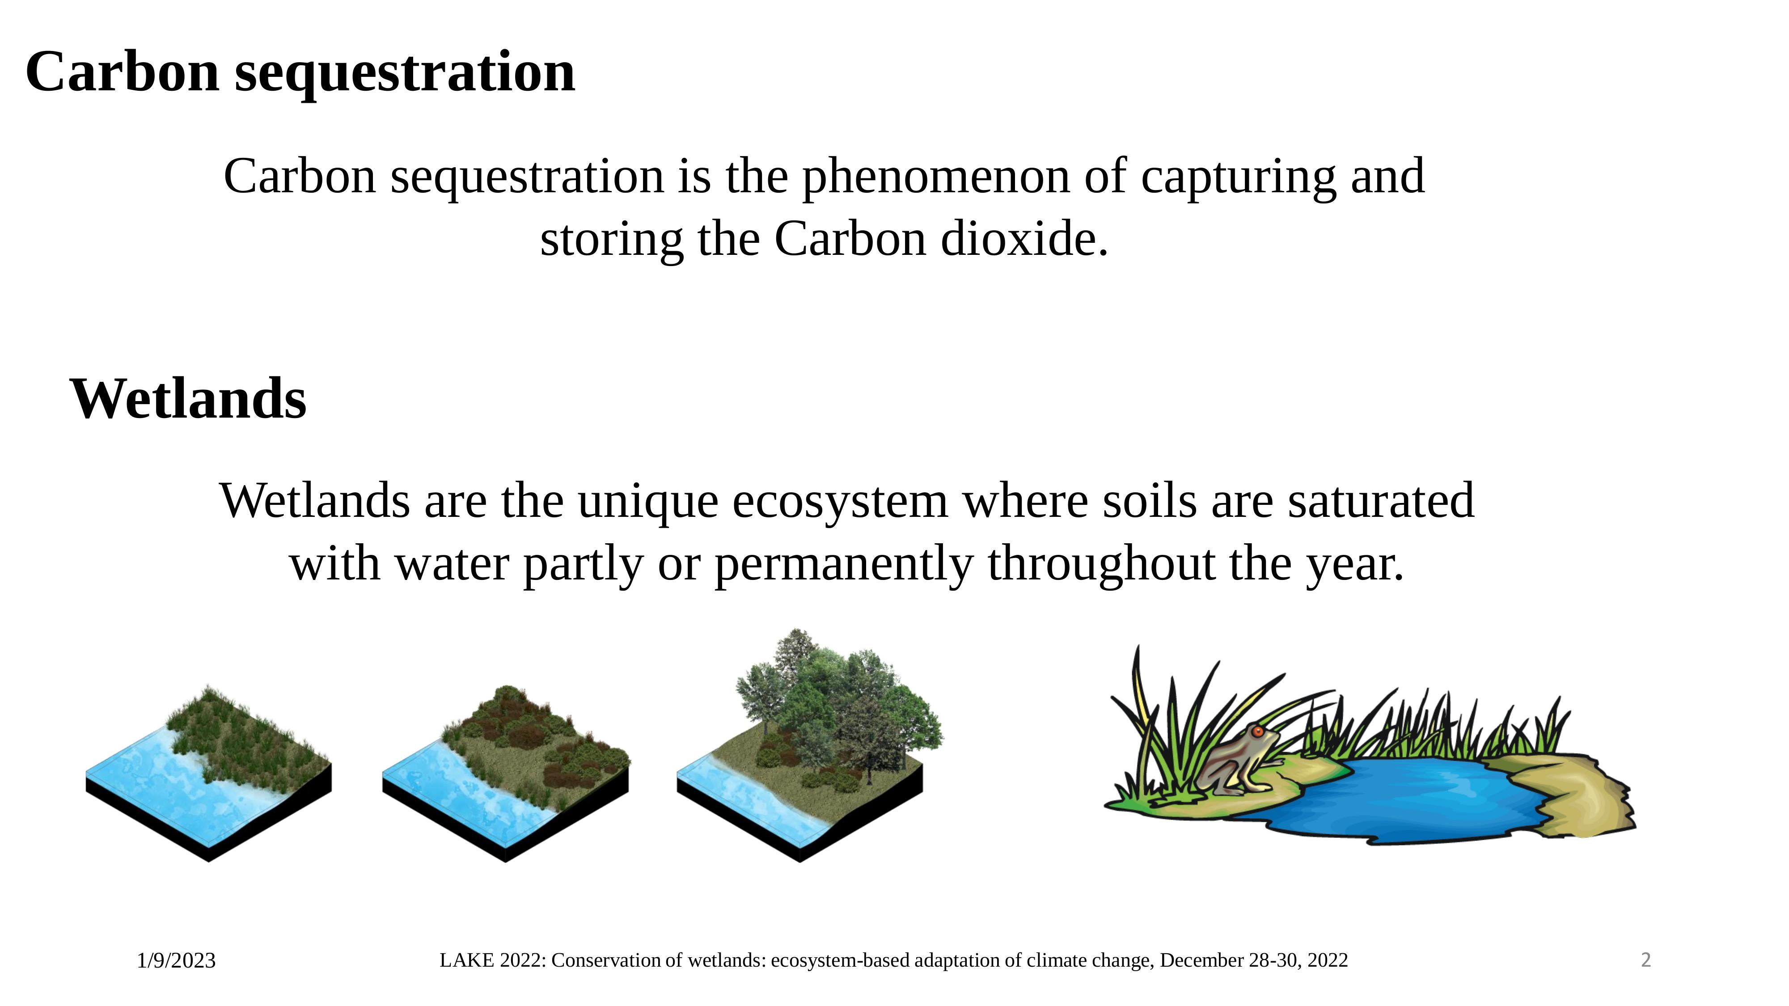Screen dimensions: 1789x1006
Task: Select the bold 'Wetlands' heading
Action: coord(188,399)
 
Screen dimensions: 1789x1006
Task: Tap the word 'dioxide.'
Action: coord(1024,240)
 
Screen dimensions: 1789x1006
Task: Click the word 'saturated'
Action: coord(1381,501)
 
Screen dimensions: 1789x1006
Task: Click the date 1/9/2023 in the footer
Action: coord(177,961)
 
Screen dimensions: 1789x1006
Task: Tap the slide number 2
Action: coord(1645,960)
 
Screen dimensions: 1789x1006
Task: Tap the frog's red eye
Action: coord(1258,732)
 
